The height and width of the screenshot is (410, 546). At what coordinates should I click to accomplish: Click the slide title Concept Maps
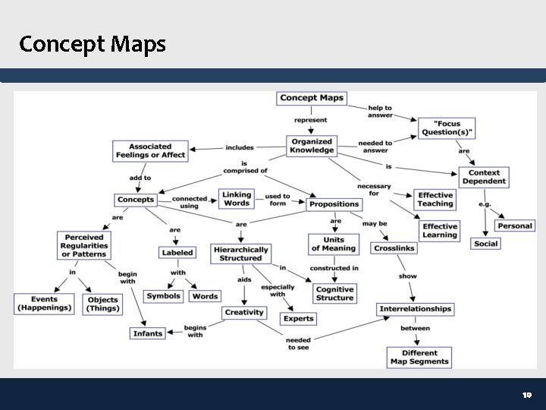[93, 44]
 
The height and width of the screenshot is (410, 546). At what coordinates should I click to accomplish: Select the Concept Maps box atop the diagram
[312, 98]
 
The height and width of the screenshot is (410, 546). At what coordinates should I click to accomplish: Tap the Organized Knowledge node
[312, 146]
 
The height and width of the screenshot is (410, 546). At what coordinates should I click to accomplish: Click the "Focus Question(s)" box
[447, 128]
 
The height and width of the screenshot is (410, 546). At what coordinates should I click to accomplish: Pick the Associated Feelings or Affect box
[150, 150]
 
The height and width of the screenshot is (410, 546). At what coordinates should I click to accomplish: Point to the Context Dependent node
[484, 177]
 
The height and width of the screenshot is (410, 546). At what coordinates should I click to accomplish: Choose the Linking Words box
[237, 199]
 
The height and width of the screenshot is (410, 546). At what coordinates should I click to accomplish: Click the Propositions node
[334, 204]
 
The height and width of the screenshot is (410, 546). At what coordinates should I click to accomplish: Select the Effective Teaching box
[435, 199]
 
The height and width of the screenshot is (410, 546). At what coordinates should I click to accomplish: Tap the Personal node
[515, 225]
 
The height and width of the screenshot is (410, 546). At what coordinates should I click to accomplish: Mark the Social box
[485, 244]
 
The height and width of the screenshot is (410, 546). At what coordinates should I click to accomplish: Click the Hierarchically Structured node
[240, 254]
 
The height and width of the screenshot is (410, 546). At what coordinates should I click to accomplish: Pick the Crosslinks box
[394, 248]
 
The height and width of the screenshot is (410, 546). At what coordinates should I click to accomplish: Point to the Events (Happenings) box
[44, 304]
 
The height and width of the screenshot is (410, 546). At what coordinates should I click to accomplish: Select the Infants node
[148, 333]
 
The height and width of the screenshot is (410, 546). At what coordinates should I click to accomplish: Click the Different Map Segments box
[419, 357]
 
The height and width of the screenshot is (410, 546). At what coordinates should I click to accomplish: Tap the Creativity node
[244, 312]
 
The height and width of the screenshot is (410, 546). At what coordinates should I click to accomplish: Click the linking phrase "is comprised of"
[244, 167]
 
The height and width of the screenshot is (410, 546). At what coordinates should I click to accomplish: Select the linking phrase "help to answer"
[380, 112]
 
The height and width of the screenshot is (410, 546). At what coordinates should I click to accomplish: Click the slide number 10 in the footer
[528, 396]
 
